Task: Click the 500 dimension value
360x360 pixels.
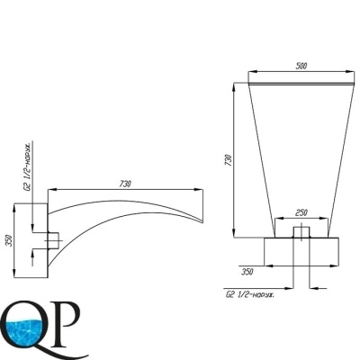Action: click(301, 66)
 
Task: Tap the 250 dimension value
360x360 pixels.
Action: click(301, 212)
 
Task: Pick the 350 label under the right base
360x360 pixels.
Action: click(247, 272)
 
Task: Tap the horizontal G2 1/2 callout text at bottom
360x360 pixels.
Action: click(250, 294)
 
